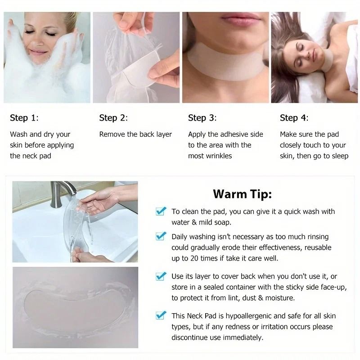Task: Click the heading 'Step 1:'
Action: click(24, 118)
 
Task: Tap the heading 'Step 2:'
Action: click(113, 118)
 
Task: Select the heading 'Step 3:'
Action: click(202, 118)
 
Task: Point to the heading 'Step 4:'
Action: click(294, 118)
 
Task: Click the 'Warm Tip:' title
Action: click(242, 194)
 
